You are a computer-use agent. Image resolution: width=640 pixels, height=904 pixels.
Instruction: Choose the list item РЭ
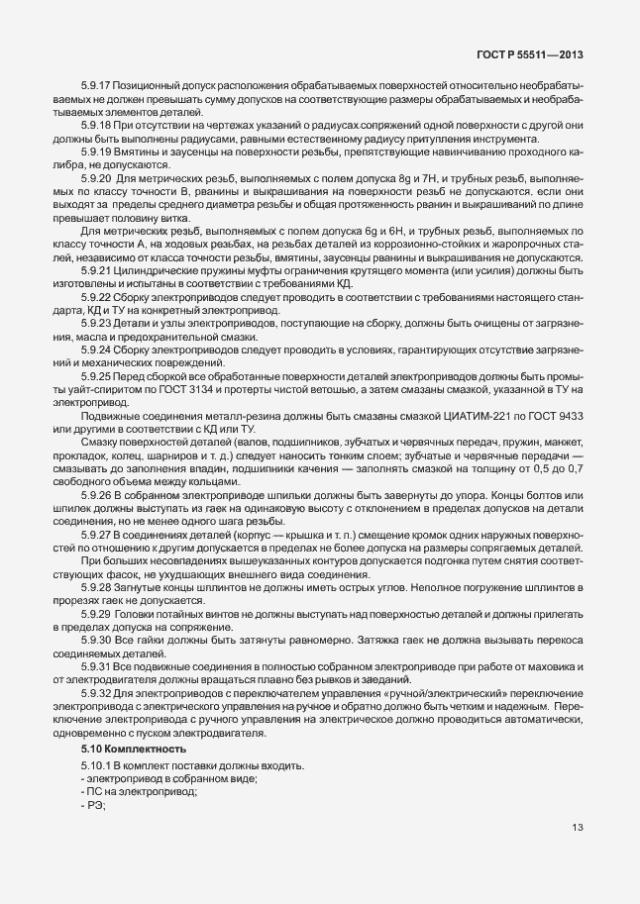(x=96, y=806)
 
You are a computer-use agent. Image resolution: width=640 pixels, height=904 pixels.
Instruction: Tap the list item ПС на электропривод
(x=141, y=793)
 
